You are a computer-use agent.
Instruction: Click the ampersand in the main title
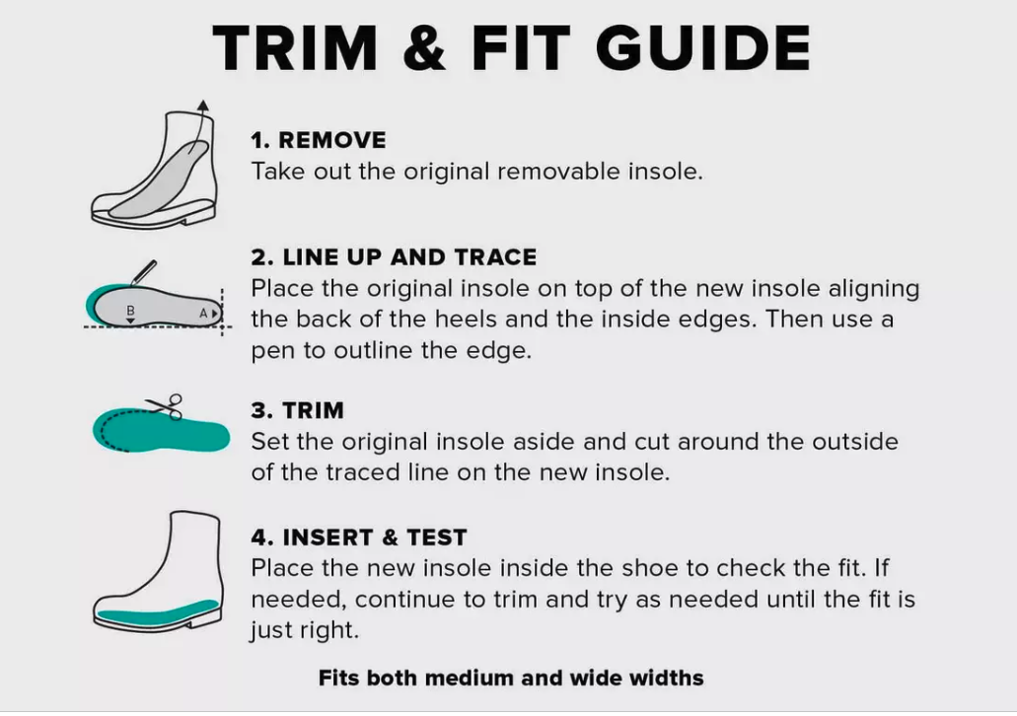(x=425, y=47)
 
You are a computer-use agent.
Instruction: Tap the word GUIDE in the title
(x=703, y=47)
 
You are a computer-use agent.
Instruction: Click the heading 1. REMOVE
(x=319, y=140)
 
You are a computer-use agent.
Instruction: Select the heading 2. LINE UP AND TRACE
(x=394, y=256)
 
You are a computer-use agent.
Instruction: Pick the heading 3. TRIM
(x=297, y=410)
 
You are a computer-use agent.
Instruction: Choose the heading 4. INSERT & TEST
(x=359, y=537)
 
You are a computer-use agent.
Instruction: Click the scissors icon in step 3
(x=165, y=406)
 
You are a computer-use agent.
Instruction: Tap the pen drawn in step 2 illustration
(x=143, y=272)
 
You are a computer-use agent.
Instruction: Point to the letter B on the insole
(x=130, y=311)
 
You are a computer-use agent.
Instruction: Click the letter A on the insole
(x=203, y=314)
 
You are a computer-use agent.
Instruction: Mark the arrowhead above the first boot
(x=203, y=106)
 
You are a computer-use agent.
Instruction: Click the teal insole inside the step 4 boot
(x=157, y=609)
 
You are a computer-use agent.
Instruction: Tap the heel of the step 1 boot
(x=198, y=216)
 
